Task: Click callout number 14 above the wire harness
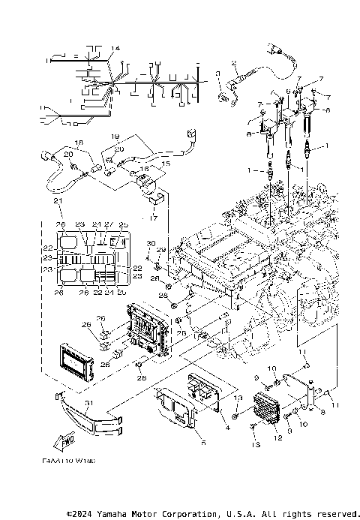115,49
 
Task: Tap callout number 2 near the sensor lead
234,63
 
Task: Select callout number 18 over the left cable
79,142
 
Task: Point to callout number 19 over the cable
115,136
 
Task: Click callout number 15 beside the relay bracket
166,163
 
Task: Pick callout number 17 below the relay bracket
154,219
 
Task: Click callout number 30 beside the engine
150,243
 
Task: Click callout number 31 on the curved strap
88,403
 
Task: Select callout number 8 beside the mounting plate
323,412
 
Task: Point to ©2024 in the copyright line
82,514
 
